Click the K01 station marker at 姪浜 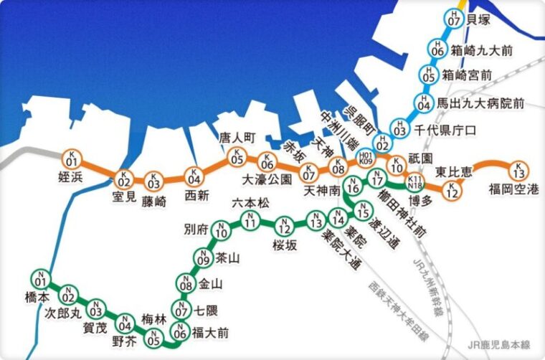tap(71, 158)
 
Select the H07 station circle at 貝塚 tap(452, 19)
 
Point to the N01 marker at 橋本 tap(40, 278)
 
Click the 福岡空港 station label tap(513, 189)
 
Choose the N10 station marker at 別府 tap(222, 231)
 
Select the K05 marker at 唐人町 tap(237, 156)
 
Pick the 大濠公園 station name tap(267, 179)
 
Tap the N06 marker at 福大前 tap(181, 331)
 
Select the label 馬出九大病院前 tap(491, 104)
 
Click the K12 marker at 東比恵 tap(450, 191)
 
